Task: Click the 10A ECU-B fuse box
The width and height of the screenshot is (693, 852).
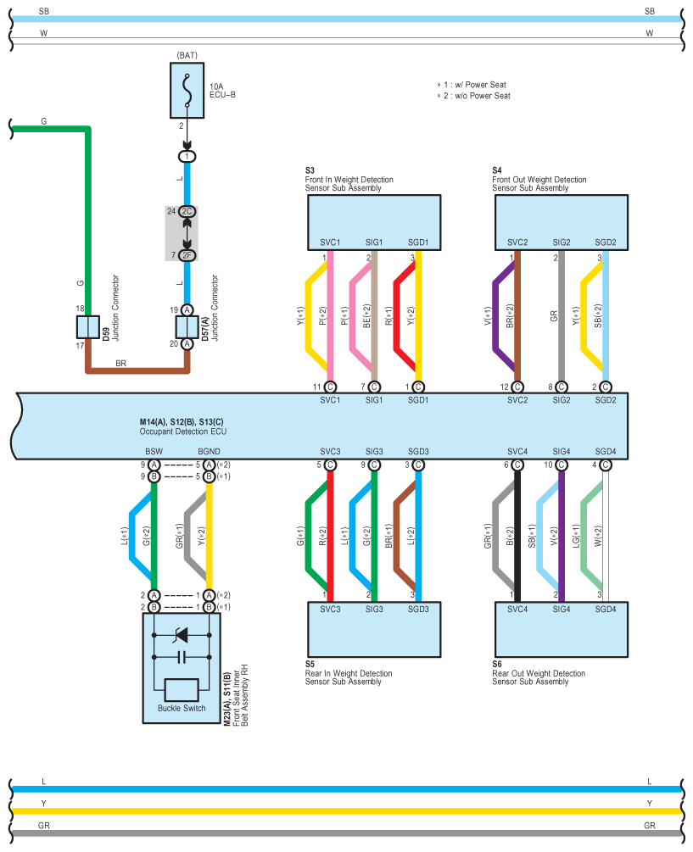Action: click(187, 90)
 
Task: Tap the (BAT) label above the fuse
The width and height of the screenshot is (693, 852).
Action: click(187, 55)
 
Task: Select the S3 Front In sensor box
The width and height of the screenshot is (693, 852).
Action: click(374, 222)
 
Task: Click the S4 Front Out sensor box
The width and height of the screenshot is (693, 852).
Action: click(562, 222)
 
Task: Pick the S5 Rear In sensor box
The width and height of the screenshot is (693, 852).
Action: click(374, 629)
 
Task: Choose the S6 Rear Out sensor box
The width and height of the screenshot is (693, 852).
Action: click(562, 629)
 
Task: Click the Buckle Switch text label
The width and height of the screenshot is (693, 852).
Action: click(182, 708)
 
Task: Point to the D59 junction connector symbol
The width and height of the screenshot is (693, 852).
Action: click(87, 327)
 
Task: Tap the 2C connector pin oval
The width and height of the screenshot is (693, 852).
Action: click(187, 211)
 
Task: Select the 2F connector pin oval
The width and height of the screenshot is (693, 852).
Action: click(187, 255)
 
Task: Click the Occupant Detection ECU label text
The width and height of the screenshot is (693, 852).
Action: click(183, 432)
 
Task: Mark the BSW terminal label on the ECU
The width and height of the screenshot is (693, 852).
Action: click(154, 452)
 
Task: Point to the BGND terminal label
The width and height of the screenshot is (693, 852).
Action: click(209, 452)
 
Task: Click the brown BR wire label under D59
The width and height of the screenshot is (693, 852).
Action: click(120, 363)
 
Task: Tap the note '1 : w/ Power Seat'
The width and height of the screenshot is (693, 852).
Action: click(472, 85)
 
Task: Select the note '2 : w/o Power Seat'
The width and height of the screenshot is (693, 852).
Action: click(474, 96)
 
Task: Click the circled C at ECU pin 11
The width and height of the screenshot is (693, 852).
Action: click(330, 387)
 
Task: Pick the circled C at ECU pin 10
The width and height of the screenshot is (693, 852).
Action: click(562, 465)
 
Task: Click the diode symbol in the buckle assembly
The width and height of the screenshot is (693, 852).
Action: click(181, 635)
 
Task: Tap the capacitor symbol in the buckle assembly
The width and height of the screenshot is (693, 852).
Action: click(182, 658)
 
